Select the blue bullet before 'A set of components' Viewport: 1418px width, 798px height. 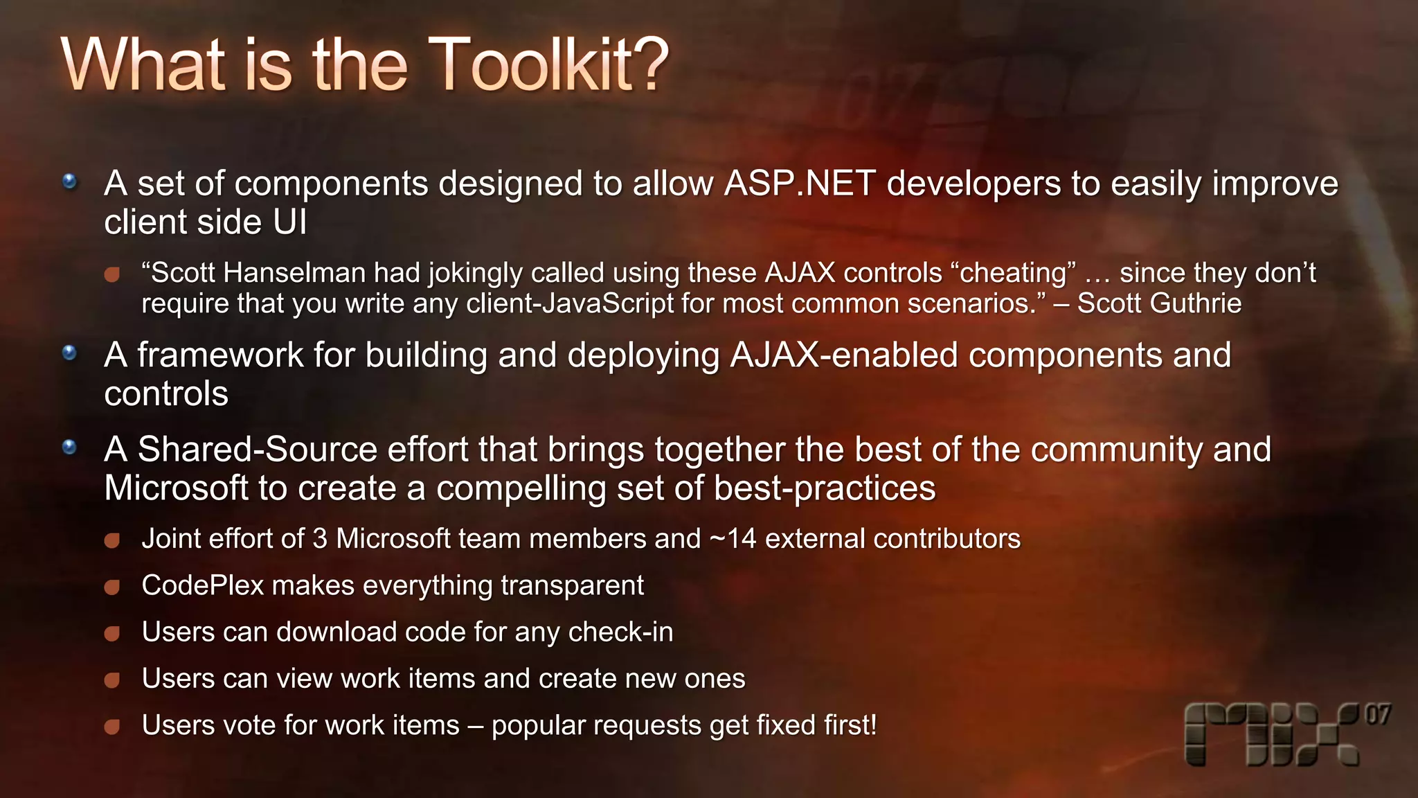tap(69, 182)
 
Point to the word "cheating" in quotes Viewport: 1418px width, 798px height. tap(1014, 273)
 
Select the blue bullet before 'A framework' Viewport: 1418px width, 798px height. tap(69, 353)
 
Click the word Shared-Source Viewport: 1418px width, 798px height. tap(257, 450)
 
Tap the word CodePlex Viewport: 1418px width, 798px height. tap(202, 585)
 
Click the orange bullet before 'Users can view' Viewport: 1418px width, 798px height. tap(112, 680)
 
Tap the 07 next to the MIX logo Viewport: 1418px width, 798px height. tap(1377, 714)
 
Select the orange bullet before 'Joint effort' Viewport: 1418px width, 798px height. tap(112, 540)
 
